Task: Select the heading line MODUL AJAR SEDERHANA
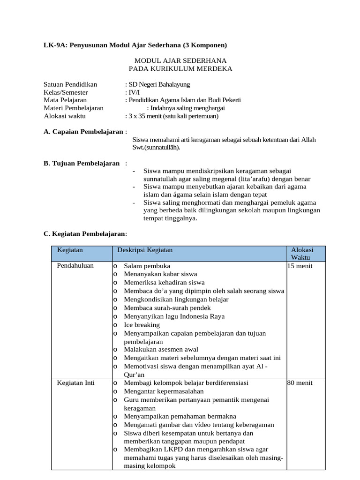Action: click(x=180, y=60)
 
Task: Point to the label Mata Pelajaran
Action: click(x=65, y=100)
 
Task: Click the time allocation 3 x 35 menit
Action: click(x=146, y=116)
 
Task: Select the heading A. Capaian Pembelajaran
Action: click(x=84, y=132)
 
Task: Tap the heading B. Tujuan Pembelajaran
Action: click(x=82, y=163)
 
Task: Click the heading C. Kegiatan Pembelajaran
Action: click(x=84, y=233)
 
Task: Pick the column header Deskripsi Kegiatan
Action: click(x=145, y=250)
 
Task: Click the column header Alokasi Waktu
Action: click(x=302, y=254)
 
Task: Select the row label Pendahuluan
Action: click(x=75, y=265)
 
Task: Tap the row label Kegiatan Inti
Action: click(x=76, y=383)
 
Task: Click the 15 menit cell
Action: click(x=300, y=266)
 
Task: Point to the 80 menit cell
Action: click(x=300, y=383)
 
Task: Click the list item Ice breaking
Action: click(x=142, y=325)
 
